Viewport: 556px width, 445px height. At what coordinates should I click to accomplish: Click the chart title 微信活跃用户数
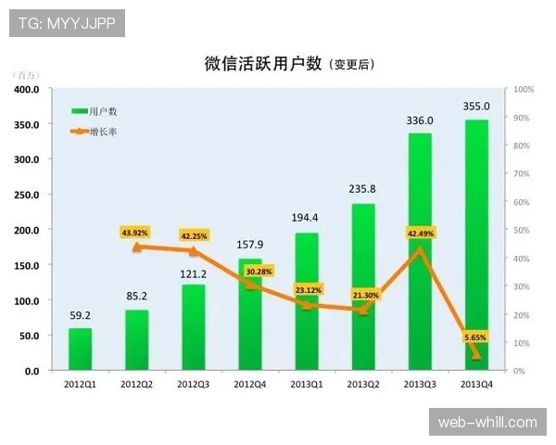click(263, 63)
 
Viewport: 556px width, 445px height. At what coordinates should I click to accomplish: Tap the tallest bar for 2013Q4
click(476, 246)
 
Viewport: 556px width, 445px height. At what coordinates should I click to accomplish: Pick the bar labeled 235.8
click(363, 287)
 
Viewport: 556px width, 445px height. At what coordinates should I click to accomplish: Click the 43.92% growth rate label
click(135, 232)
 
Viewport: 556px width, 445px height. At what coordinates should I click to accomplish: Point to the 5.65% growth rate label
click(474, 337)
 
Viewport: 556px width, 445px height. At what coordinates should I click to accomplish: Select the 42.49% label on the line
click(419, 233)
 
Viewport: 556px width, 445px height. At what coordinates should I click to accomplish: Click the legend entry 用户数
click(104, 111)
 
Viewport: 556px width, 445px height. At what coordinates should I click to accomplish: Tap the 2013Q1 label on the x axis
click(307, 384)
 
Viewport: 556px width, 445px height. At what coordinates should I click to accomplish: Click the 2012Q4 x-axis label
click(250, 384)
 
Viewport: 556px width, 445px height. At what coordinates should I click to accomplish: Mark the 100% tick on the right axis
click(524, 90)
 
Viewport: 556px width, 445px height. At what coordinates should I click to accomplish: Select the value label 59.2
click(81, 315)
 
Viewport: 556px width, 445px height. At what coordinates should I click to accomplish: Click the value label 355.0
click(476, 107)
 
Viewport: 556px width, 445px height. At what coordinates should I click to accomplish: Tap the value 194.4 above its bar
click(307, 218)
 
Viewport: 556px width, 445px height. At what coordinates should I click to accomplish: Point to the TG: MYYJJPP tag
click(67, 23)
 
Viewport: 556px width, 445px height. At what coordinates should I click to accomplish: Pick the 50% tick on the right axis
click(522, 231)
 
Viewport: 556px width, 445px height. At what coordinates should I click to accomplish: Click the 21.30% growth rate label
click(364, 295)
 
